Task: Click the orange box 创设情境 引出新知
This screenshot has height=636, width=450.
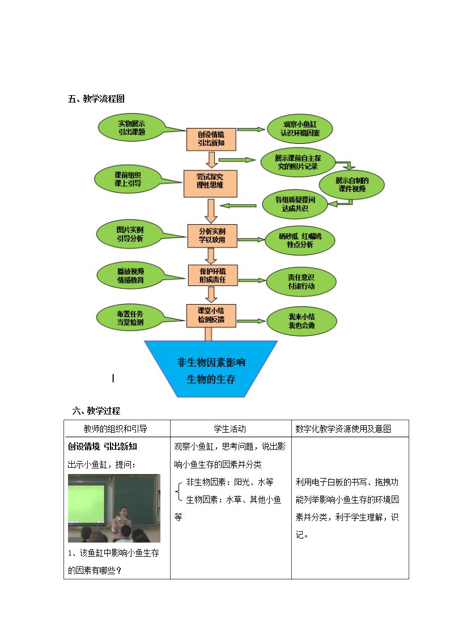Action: [211, 139]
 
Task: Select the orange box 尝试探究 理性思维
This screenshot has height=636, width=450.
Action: [210, 183]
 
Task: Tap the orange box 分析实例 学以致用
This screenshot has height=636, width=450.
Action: [212, 236]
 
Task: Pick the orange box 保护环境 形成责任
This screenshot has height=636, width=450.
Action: [213, 275]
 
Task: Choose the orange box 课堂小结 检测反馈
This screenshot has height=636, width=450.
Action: [211, 315]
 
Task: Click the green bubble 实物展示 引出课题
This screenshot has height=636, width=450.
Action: [132, 127]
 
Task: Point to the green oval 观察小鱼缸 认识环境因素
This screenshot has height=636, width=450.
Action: [300, 129]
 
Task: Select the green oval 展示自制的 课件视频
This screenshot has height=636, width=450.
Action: [351, 185]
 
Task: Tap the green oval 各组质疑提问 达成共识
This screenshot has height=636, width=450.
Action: [295, 204]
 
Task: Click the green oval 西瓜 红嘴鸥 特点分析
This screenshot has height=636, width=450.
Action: [300, 240]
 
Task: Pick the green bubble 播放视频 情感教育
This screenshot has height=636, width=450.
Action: [131, 275]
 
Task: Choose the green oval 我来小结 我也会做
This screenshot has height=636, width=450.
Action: [302, 321]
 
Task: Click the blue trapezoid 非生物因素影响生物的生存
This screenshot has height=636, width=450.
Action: [211, 369]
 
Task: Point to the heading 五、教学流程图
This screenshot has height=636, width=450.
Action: [96, 99]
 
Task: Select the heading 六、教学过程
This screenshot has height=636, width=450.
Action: [96, 411]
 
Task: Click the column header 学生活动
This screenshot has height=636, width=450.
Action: [230, 429]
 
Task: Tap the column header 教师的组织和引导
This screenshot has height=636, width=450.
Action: [115, 429]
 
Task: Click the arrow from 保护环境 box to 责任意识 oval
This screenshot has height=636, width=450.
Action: [252, 280]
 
